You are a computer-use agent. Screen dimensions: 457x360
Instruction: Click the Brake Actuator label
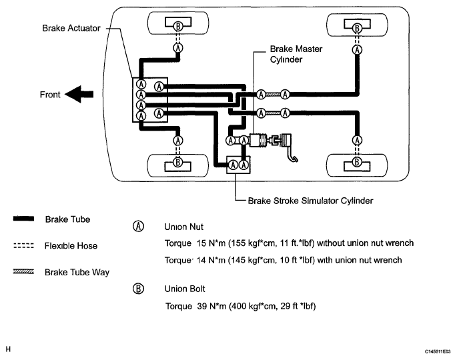point(71,28)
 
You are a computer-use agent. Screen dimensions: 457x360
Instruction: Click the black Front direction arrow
point(79,94)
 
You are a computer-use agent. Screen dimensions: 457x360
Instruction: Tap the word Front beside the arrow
point(50,95)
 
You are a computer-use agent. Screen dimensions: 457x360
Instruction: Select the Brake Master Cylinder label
point(296,54)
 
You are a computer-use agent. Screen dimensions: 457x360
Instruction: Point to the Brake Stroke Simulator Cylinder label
point(310,201)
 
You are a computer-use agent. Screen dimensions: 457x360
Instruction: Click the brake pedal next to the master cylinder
point(288,147)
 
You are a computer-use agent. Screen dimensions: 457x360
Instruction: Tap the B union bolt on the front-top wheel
point(178,26)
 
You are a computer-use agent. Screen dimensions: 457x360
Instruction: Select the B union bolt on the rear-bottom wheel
point(357,161)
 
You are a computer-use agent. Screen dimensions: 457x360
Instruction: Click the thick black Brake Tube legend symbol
point(23,219)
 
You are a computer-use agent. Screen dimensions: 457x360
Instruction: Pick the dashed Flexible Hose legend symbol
point(23,245)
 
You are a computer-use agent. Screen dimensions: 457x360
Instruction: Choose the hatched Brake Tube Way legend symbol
point(23,272)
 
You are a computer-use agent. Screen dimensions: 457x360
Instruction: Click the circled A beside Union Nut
point(139,226)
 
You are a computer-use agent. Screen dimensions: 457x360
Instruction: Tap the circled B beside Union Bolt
point(139,289)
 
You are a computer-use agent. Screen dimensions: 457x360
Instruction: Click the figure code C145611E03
point(438,351)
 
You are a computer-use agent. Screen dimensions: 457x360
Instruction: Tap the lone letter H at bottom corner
point(8,349)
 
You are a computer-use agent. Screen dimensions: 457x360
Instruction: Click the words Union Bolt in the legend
point(185,289)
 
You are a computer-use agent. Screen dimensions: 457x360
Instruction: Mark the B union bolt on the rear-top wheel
point(357,28)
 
